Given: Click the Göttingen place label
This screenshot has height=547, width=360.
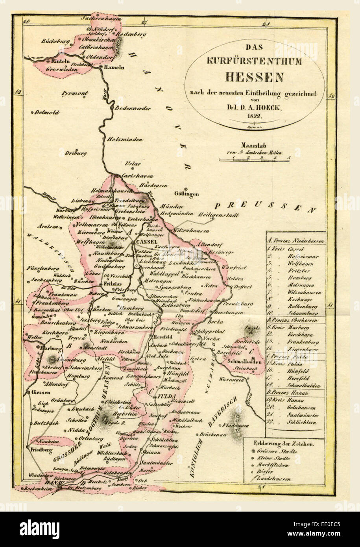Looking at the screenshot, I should click(x=186, y=194).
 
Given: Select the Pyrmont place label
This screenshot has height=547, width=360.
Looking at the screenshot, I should click(x=74, y=93).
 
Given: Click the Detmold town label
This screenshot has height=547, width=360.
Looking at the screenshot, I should click(x=47, y=112).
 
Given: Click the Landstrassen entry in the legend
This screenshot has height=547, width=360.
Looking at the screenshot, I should click(x=281, y=479).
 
